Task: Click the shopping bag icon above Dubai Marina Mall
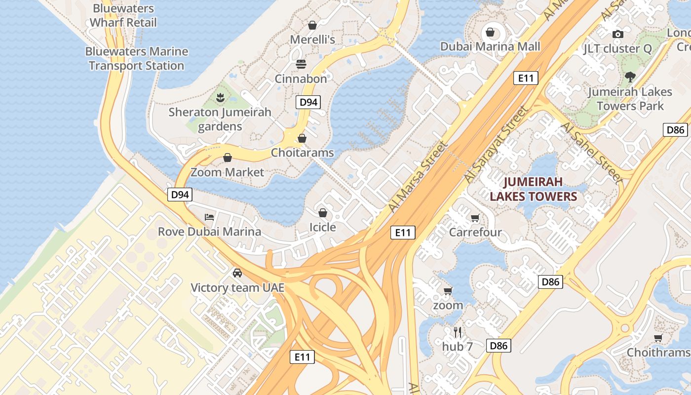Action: click(490, 32)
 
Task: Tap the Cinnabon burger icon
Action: click(301, 64)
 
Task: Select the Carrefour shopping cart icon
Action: click(475, 218)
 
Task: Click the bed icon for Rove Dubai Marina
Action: click(209, 217)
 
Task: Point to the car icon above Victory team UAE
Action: click(237, 273)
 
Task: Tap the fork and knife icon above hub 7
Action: click(458, 332)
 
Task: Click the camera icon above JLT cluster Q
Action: click(617, 34)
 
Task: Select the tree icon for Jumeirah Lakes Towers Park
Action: click(629, 77)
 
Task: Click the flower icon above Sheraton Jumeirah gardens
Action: click(220, 97)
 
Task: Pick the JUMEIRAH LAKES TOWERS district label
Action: click(533, 189)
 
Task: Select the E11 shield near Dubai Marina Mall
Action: click(525, 78)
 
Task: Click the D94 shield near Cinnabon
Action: click(308, 103)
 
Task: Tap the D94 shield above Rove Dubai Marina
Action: click(180, 195)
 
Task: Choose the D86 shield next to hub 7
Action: click(498, 346)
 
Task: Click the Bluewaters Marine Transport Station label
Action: click(136, 58)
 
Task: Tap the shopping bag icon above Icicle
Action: click(322, 213)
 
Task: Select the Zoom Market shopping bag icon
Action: click(228, 158)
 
